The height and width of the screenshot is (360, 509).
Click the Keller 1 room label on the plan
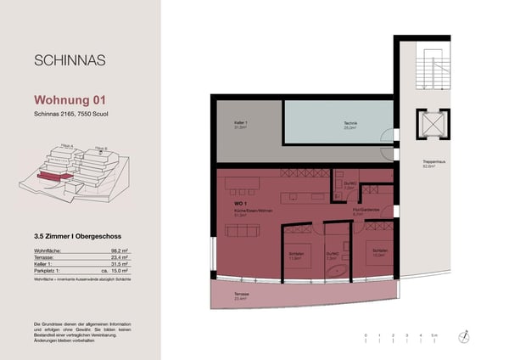point(240,124)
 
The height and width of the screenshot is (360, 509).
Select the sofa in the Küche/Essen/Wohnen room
point(242,231)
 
